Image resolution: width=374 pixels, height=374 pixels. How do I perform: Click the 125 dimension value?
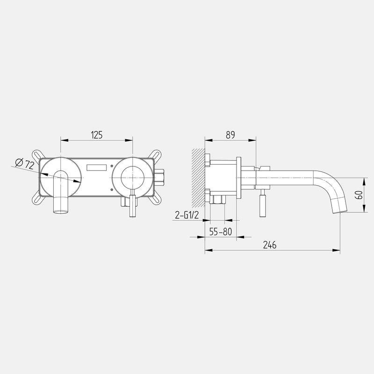97,135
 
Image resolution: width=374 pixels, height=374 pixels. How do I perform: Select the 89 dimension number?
230,135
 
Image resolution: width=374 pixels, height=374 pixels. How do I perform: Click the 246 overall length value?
270,245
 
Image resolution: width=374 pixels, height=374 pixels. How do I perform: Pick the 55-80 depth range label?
220,231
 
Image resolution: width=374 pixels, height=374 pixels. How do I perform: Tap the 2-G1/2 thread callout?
187,216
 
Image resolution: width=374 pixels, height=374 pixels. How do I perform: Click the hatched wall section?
198,178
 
